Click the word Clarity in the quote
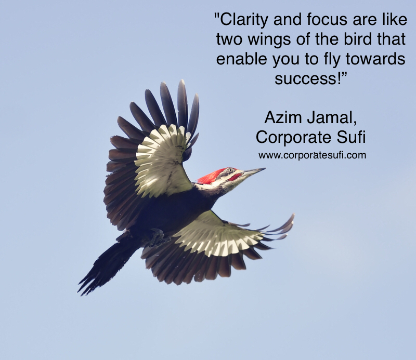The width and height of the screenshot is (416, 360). tap(243, 20)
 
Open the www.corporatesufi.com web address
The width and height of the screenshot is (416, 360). tap(313, 155)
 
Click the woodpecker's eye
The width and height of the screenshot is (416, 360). tap(230, 170)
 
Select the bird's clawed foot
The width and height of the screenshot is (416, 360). tap(159, 238)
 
